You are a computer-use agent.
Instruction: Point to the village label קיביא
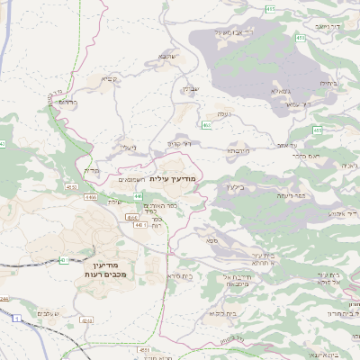coord(108,79)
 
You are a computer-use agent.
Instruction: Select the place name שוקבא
coord(167,56)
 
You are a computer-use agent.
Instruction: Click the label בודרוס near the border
coord(66,102)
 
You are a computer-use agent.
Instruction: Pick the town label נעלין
coord(128,148)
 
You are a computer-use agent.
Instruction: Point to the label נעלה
coord(220,114)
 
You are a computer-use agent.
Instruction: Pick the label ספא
coord(213,241)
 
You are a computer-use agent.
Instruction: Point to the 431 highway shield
coord(65,260)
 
